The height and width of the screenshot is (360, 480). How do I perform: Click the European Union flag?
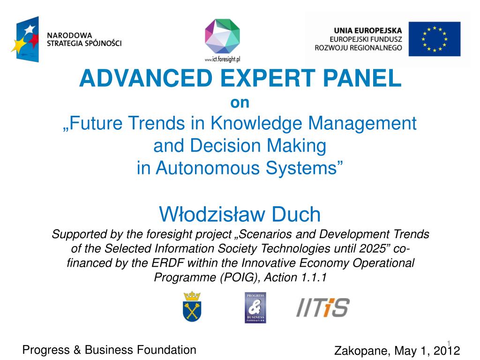(435, 39)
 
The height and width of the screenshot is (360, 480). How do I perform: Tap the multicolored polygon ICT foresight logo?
(222, 37)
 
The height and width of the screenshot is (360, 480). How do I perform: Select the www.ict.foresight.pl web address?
(222, 59)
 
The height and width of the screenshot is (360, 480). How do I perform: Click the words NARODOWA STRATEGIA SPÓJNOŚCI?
(84, 39)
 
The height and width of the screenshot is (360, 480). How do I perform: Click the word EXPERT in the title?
(268, 78)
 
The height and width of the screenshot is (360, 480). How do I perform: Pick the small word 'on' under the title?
(240, 103)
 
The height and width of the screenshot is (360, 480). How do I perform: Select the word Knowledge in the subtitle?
(256, 123)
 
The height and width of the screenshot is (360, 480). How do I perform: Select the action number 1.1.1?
(314, 277)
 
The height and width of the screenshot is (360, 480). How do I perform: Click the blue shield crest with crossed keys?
(192, 307)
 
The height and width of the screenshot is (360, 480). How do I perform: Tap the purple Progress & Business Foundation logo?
(255, 307)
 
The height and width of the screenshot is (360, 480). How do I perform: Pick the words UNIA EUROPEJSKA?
(367, 30)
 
